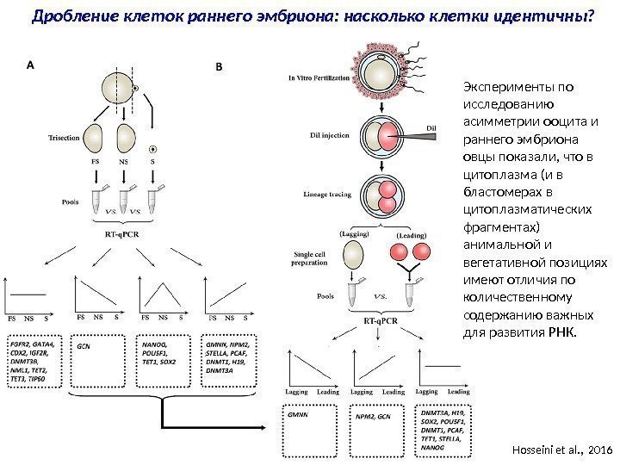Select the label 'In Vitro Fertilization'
(319, 77)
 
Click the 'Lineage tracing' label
(327, 195)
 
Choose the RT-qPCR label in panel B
(381, 319)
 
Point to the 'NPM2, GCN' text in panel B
(372, 416)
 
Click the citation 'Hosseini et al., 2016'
(561, 449)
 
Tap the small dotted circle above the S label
(153, 148)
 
